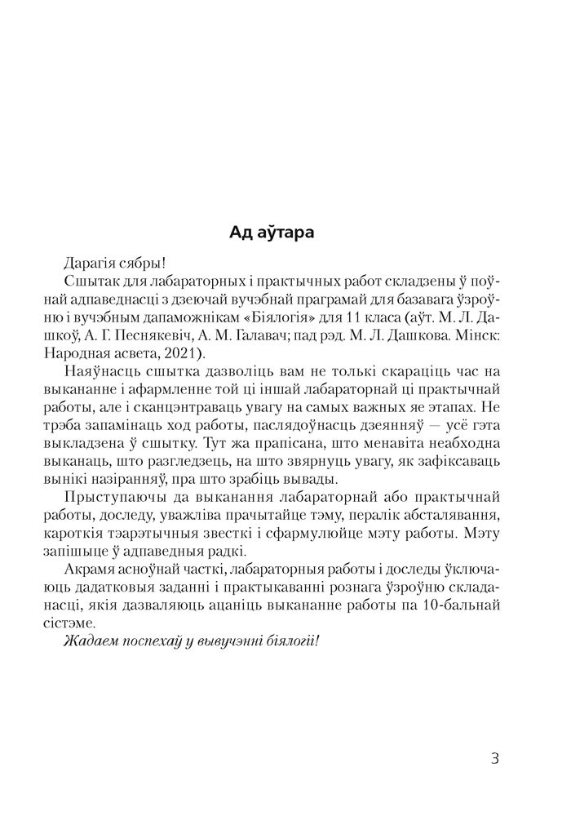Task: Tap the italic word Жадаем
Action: pyautogui.click(x=87, y=641)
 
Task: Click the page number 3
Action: pyautogui.click(x=494, y=758)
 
